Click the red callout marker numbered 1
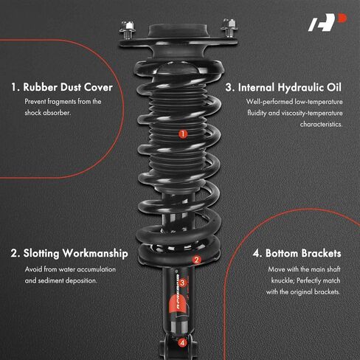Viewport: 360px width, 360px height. tap(183, 134)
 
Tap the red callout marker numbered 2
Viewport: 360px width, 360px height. tap(197, 260)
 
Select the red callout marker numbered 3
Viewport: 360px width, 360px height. tap(182, 283)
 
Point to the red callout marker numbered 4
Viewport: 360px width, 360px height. tap(182, 342)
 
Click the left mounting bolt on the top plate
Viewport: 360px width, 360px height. tap(127, 30)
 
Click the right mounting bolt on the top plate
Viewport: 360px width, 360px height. tap(229, 27)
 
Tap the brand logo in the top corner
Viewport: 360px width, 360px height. tap(327, 22)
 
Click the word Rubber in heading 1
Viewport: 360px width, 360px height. tap(40, 87)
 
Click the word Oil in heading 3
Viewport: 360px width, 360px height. tap(334, 87)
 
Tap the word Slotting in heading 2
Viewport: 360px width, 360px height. tap(41, 254)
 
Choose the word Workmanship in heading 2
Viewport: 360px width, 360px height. tap(95, 254)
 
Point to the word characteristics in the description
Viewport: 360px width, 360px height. tap(321, 124)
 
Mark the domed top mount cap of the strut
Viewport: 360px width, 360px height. tap(179, 31)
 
